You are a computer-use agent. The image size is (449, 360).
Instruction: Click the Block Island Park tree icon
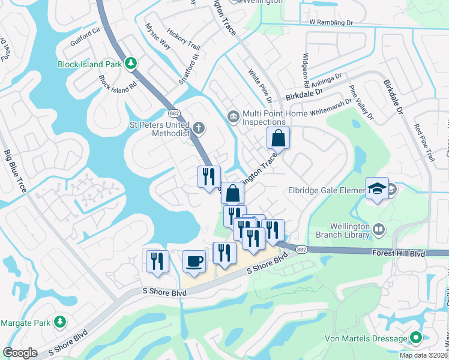coord(130,63)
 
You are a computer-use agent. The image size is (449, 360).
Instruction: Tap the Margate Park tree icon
coord(59,322)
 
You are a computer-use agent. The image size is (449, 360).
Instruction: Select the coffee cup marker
coord(194,262)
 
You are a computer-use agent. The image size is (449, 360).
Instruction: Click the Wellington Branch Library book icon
coord(379,229)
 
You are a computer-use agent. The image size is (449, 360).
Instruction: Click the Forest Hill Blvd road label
coord(399,254)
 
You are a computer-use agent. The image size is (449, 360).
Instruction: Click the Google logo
coord(20,353)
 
